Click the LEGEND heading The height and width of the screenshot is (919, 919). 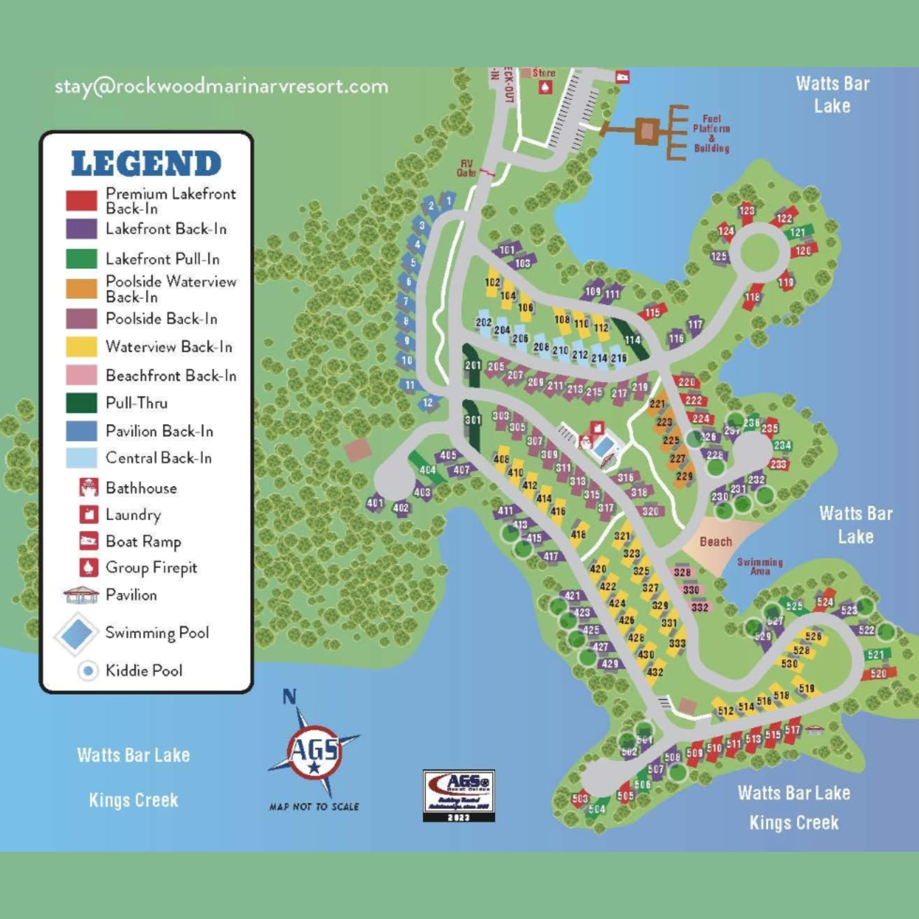tap(146, 163)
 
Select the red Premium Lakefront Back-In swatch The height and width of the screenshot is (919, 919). tap(81, 200)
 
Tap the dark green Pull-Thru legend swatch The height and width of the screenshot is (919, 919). tap(81, 403)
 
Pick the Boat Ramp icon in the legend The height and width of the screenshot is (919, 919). tap(89, 541)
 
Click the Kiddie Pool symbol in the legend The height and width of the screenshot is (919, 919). tap(88, 671)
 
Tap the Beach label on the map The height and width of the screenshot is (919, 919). tap(715, 542)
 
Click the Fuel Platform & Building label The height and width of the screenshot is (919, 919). tap(711, 133)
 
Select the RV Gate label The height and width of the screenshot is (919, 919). tap(466, 168)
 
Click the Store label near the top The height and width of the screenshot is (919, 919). tap(544, 73)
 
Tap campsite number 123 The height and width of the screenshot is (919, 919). tap(747, 210)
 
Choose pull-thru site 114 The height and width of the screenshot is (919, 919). tap(632, 340)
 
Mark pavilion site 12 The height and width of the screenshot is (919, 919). tap(428, 403)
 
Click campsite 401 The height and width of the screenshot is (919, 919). tap(375, 502)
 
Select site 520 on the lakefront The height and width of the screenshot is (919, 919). tap(878, 674)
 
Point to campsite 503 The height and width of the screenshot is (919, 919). tap(580, 798)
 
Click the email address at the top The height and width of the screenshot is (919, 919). tap(221, 87)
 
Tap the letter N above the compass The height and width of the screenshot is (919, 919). tap(289, 697)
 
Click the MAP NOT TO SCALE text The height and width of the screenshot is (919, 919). tap(314, 806)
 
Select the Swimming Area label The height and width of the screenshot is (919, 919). tap(760, 566)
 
